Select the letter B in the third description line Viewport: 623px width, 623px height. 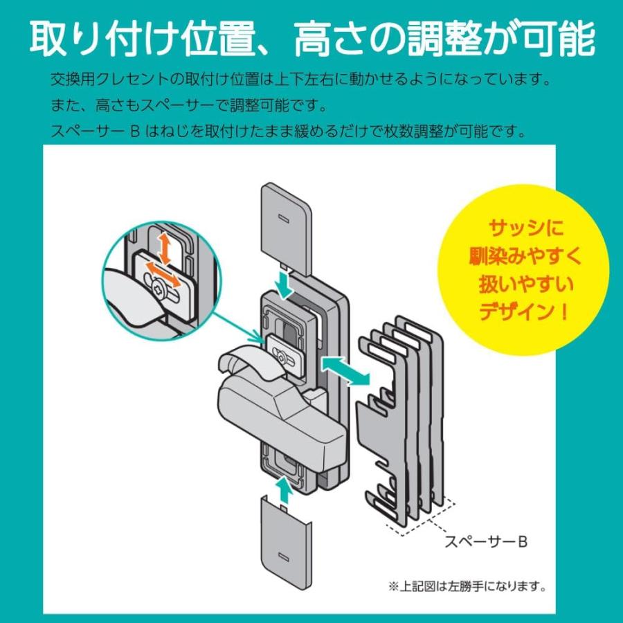click(134, 131)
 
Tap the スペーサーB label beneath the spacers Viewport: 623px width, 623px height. click(486, 542)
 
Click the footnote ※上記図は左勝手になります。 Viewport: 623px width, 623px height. click(467, 588)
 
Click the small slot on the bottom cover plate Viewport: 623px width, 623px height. click(282, 556)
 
